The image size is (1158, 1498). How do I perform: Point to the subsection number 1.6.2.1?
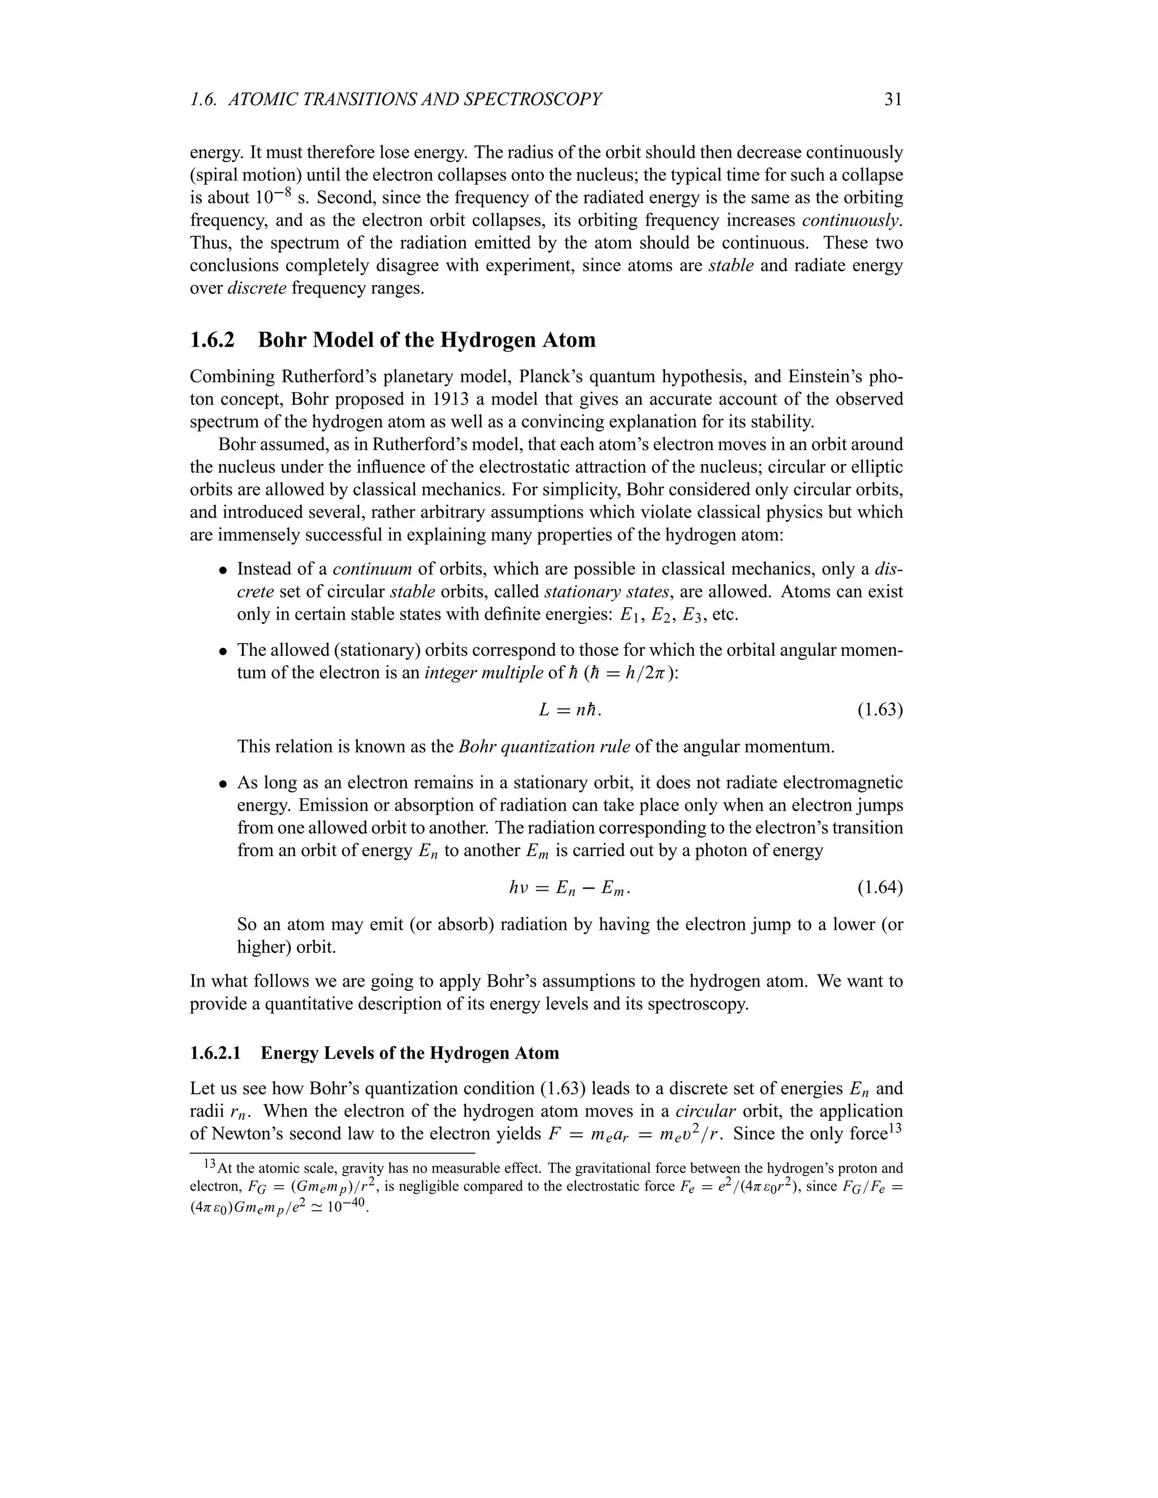point(215,1053)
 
